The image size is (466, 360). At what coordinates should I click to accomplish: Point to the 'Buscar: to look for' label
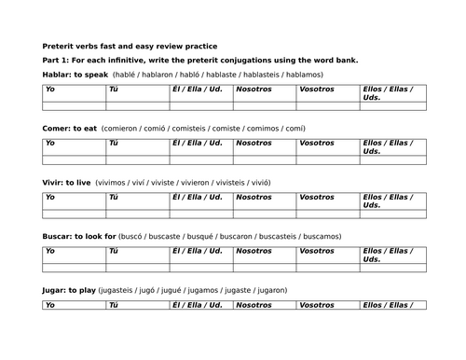83,236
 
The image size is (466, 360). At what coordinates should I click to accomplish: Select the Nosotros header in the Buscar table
254,251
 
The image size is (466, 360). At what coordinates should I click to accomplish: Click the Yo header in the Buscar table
50,251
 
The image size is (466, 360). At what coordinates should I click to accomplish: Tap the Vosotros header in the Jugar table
317,305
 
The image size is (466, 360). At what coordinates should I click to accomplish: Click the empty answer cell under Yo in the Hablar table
74,105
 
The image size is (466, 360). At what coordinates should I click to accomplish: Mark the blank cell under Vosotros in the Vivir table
327,214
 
